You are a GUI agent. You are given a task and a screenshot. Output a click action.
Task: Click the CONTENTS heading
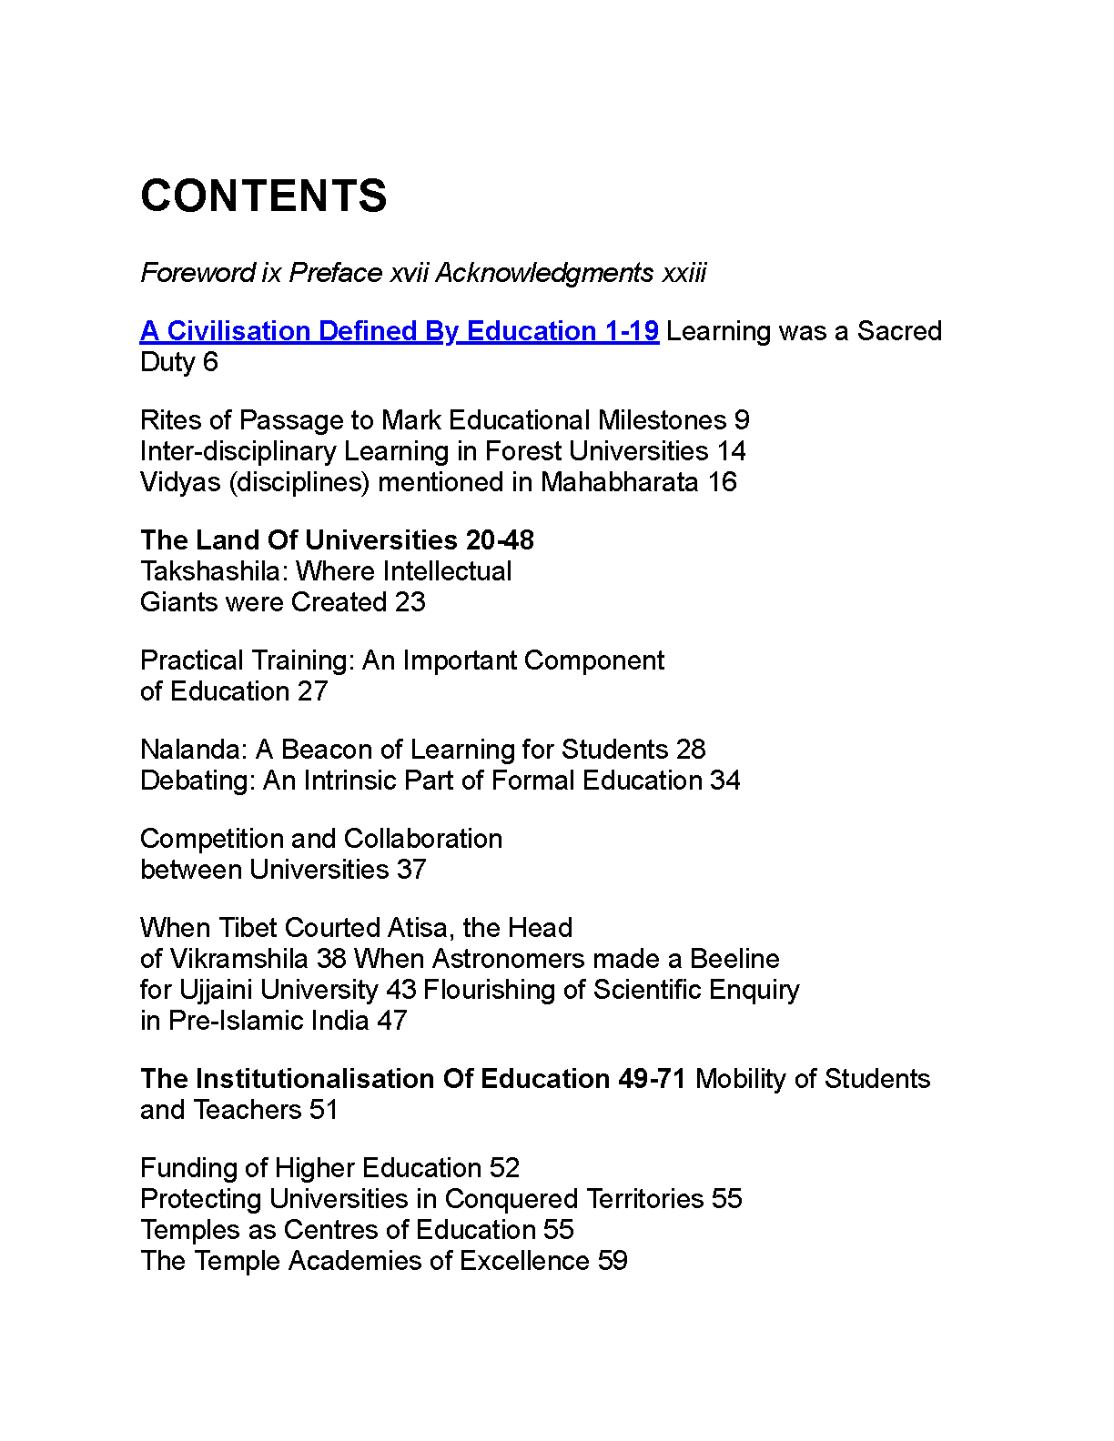pos(264,196)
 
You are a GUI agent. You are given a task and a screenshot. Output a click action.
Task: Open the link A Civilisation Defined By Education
pos(399,331)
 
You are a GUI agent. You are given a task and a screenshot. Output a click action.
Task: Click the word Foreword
pos(197,273)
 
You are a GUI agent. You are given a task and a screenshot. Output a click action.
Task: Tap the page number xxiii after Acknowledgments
pos(684,273)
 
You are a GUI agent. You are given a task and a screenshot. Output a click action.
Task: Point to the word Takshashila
pos(214,571)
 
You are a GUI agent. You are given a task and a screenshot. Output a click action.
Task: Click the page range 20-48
pos(500,540)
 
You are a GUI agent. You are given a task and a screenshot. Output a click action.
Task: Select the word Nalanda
pos(193,750)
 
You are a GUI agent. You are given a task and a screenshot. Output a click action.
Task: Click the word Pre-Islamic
pos(236,1021)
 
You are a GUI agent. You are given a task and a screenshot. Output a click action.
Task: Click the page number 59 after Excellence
pos(613,1261)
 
